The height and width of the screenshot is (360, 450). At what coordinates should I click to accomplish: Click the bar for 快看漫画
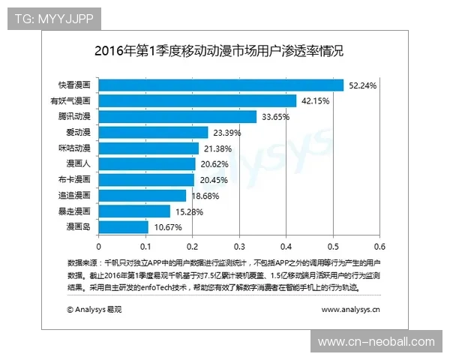[x=220, y=85]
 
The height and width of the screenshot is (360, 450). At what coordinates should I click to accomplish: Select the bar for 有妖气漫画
[x=197, y=101]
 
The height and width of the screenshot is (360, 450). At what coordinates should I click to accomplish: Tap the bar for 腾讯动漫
[x=177, y=117]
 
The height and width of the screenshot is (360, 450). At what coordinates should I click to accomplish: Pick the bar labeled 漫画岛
[x=123, y=227]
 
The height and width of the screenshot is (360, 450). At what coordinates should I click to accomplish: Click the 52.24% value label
[x=362, y=85]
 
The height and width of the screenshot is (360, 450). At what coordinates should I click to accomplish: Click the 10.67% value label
[x=166, y=227]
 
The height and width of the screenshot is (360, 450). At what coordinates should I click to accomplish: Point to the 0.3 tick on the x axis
[x=239, y=245]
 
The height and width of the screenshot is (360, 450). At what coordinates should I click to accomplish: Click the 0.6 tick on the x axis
[x=379, y=245]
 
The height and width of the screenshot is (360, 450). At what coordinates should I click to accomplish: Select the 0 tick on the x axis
[x=98, y=245]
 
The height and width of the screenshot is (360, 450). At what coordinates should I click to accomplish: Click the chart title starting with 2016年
[x=219, y=52]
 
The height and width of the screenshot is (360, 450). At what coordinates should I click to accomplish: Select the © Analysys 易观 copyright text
[x=94, y=308]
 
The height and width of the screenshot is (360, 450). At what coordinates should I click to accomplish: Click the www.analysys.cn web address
[x=350, y=308]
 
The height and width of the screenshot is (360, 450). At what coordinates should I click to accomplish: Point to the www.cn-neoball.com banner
[x=376, y=342]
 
